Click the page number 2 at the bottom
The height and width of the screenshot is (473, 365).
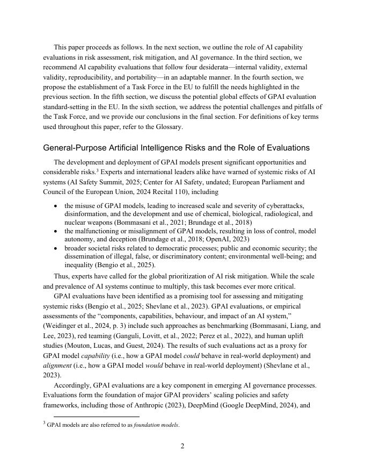coord(182,446)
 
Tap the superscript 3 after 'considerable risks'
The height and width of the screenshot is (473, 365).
coord(98,170)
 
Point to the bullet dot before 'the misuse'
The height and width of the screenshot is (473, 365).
coord(57,206)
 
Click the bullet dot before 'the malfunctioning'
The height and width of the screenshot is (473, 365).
coord(57,231)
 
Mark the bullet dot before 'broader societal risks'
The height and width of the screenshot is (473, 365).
coord(57,248)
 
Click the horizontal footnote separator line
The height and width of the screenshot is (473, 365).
coord(97,416)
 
